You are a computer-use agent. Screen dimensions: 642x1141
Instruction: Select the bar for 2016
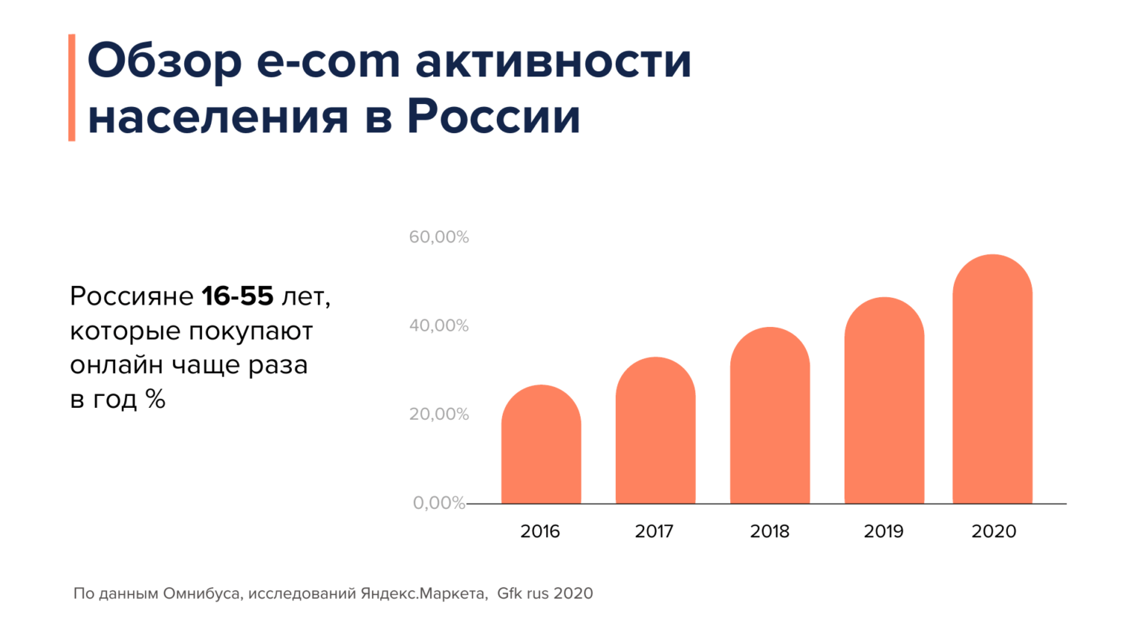541,446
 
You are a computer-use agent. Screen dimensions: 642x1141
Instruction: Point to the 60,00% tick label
439,237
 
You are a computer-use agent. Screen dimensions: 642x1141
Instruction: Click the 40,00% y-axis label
439,325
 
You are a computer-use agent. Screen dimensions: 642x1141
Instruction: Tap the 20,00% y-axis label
439,414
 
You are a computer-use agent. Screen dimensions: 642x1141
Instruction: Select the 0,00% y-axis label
439,503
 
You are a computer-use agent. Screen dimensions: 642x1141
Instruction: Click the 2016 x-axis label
540,531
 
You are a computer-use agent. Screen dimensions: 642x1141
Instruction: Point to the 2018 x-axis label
770,531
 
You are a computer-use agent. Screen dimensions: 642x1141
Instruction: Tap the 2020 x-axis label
994,531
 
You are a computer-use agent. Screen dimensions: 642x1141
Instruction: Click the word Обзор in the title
165,62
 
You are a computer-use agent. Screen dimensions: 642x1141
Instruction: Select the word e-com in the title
328,62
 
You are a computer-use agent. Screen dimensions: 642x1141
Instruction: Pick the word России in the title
493,117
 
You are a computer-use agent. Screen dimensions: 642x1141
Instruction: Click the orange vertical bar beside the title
72,88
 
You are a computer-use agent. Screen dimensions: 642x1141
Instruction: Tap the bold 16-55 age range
238,296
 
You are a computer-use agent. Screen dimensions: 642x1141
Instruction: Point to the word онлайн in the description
117,366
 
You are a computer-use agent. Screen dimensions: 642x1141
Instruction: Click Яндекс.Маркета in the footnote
423,594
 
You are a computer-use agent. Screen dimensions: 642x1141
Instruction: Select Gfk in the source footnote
510,594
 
